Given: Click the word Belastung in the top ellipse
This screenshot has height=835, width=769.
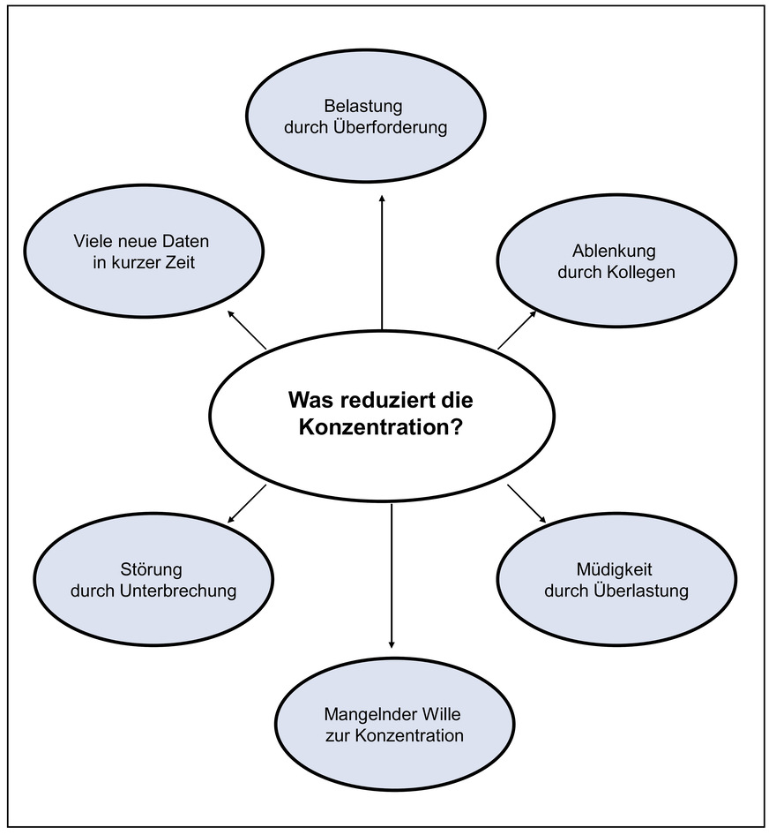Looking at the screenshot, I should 363,107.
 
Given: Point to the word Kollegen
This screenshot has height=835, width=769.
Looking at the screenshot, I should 640,272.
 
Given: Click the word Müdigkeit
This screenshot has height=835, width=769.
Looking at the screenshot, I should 616,569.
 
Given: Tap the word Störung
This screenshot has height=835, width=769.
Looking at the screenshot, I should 151,569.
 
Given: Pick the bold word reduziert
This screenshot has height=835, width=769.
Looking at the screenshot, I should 388,400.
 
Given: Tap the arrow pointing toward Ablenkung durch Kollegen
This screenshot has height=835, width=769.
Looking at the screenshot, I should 518,329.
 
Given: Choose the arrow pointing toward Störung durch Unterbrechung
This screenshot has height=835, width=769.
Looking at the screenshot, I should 246,503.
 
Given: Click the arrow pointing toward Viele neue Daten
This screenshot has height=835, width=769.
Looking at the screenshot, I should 246,329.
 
